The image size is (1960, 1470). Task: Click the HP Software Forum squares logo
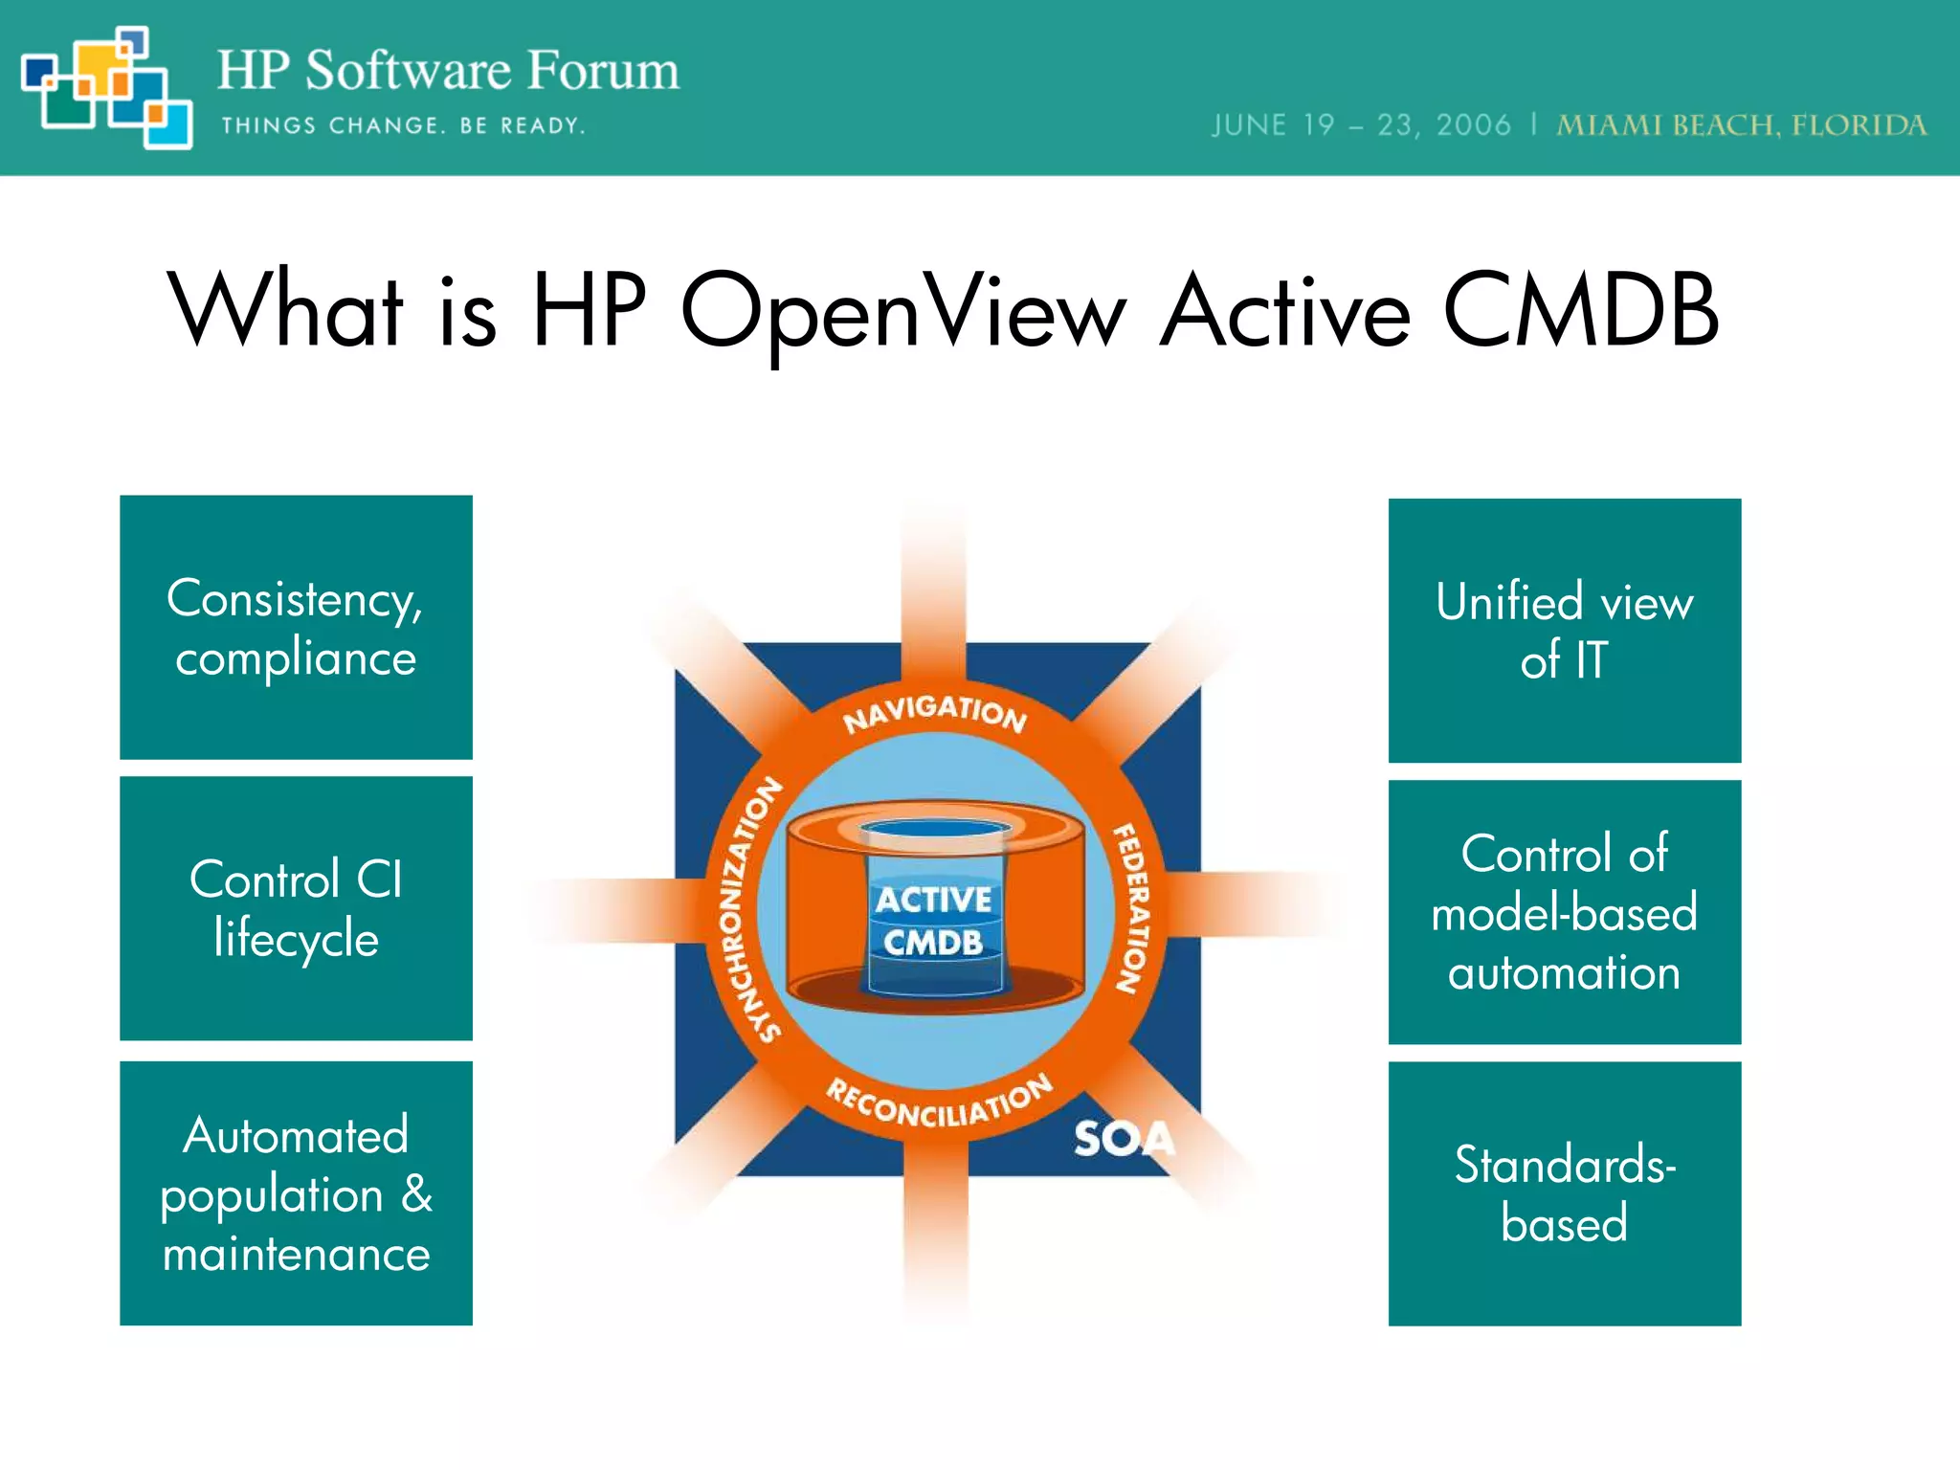coord(105,88)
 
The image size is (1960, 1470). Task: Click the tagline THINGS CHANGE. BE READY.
coord(403,126)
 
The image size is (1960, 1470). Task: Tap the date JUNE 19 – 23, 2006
coord(1360,125)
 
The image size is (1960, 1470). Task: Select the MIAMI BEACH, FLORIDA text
coord(1741,126)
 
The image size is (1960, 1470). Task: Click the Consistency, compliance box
coord(296,628)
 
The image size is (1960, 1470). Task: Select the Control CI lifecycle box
coord(296,908)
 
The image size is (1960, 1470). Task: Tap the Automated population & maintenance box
coord(296,1192)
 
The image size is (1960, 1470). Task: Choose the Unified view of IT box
coord(1564,631)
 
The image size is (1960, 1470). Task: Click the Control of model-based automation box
coord(1564,912)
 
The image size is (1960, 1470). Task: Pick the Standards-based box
coord(1564,1193)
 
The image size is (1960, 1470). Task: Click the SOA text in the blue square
coord(1123,1139)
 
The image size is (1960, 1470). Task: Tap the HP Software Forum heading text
coord(448,71)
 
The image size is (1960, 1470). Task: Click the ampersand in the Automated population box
coord(416,1193)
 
